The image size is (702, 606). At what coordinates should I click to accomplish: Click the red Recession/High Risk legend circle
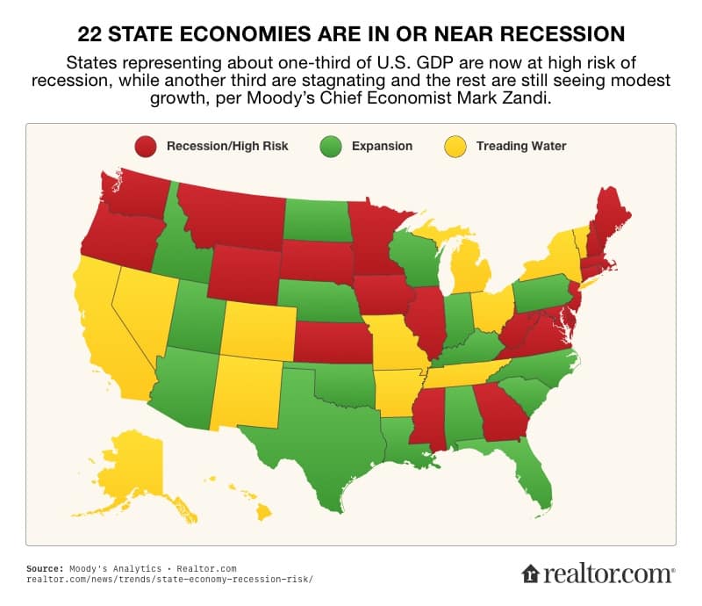[147, 146]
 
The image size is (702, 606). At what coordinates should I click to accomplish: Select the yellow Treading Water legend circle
[457, 146]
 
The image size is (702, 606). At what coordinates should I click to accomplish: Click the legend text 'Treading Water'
[520, 146]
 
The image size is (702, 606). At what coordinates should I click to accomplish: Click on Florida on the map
[531, 474]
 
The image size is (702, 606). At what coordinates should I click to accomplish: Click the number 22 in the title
[90, 34]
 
